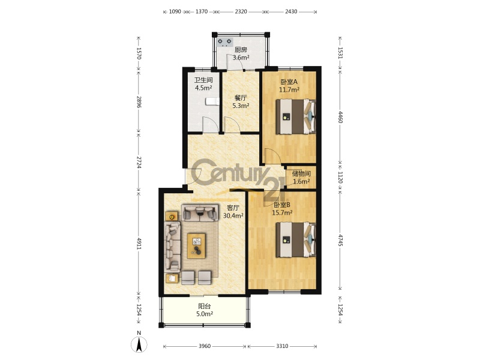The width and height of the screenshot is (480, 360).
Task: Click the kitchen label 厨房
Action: click(x=241, y=50)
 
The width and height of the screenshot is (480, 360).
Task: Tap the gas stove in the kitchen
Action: click(x=224, y=41)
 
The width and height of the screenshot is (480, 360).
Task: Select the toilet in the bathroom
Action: click(x=212, y=101)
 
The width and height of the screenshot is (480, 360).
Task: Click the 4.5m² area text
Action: click(x=204, y=88)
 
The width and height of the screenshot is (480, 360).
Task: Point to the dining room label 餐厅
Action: click(x=241, y=98)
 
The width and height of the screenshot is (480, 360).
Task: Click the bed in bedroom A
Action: click(x=296, y=116)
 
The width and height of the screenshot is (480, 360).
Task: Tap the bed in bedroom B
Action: click(x=296, y=239)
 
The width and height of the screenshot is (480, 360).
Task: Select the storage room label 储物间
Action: click(x=301, y=173)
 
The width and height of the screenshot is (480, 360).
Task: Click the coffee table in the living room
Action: click(x=197, y=246)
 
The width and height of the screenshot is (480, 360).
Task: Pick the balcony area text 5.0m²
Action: click(x=205, y=314)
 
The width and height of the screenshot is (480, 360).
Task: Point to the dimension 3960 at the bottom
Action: click(x=205, y=346)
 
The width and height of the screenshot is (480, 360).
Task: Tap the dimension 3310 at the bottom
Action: click(x=282, y=346)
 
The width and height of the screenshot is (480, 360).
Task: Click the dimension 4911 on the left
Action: click(x=139, y=244)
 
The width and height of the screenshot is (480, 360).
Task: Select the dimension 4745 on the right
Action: click(x=340, y=241)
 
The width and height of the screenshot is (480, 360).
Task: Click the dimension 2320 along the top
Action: click(x=241, y=11)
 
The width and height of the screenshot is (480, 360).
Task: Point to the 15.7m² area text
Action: click(x=282, y=212)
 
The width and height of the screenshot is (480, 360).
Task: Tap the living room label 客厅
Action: click(x=233, y=208)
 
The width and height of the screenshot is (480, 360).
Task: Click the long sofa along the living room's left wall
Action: click(x=173, y=247)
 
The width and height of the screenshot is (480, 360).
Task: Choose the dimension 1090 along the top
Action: click(x=175, y=11)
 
